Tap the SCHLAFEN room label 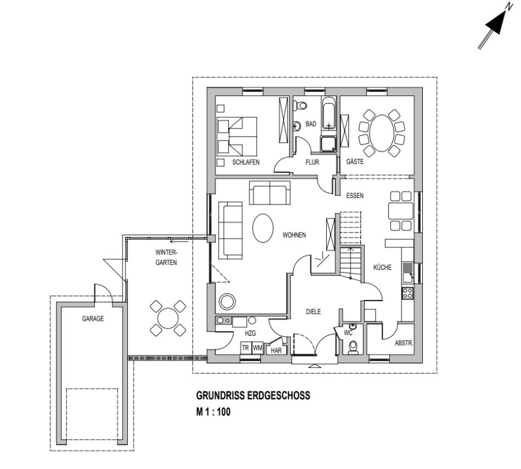pyautogui.click(x=246, y=162)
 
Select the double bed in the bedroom pyautogui.click(x=237, y=136)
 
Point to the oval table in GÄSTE pyautogui.click(x=382, y=133)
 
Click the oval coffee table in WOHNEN pyautogui.click(x=263, y=228)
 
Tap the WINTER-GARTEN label pyautogui.click(x=166, y=257)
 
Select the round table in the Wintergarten pyautogui.click(x=168, y=318)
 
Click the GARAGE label pyautogui.click(x=93, y=319)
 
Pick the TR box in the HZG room pyautogui.click(x=245, y=348)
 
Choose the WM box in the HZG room pyautogui.click(x=257, y=348)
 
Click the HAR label pyautogui.click(x=276, y=351)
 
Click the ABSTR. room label pyautogui.click(x=404, y=343)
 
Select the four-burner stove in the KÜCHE pyautogui.click(x=407, y=293)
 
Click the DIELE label pyautogui.click(x=313, y=312)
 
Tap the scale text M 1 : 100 pyautogui.click(x=213, y=412)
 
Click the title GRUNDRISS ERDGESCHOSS pyautogui.click(x=253, y=395)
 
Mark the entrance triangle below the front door pyautogui.click(x=315, y=366)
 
